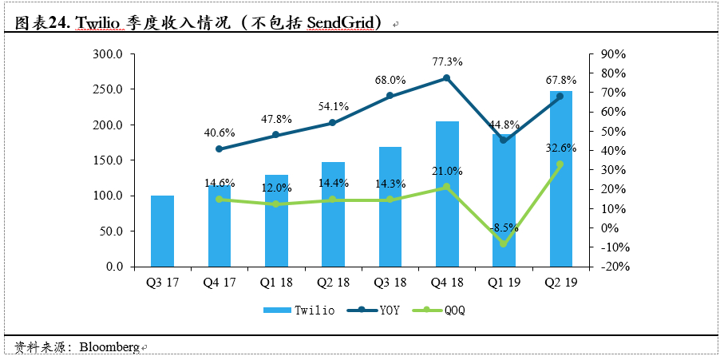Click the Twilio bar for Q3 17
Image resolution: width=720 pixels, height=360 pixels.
[162, 231]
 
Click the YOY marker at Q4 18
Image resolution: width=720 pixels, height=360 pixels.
[446, 77]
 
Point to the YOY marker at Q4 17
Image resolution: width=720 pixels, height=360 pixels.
[219, 149]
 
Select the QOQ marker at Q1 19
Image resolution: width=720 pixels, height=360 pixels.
[504, 243]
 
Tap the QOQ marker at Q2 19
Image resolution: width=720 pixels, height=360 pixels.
[560, 164]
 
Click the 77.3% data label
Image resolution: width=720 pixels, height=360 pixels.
[447, 61]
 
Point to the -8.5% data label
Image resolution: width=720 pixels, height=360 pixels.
[504, 227]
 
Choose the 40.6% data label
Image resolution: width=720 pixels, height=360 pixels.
[219, 133]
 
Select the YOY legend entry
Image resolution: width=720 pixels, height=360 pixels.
[379, 310]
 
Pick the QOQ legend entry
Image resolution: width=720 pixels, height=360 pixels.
[442, 310]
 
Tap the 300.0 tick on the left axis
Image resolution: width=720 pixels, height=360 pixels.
[109, 54]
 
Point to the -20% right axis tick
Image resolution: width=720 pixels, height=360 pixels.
[613, 267]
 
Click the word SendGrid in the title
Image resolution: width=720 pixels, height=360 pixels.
[340, 23]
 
